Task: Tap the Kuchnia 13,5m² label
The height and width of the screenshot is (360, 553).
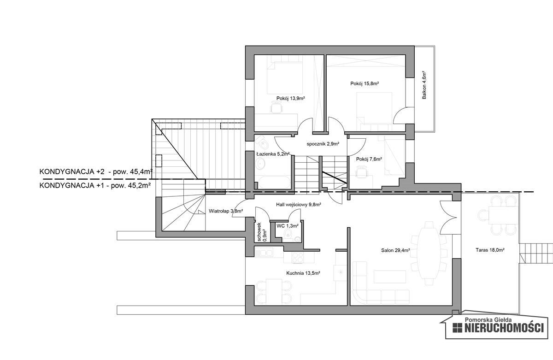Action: click(x=303, y=273)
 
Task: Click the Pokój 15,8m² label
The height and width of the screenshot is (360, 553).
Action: click(x=364, y=84)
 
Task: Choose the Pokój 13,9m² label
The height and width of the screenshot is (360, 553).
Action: click(x=291, y=98)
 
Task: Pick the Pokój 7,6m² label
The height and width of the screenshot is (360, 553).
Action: click(x=369, y=159)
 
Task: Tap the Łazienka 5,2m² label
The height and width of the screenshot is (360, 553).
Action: click(x=273, y=154)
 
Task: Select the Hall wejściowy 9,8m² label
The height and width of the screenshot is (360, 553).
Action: click(x=298, y=204)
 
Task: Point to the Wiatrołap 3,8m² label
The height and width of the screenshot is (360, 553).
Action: click(x=225, y=211)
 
